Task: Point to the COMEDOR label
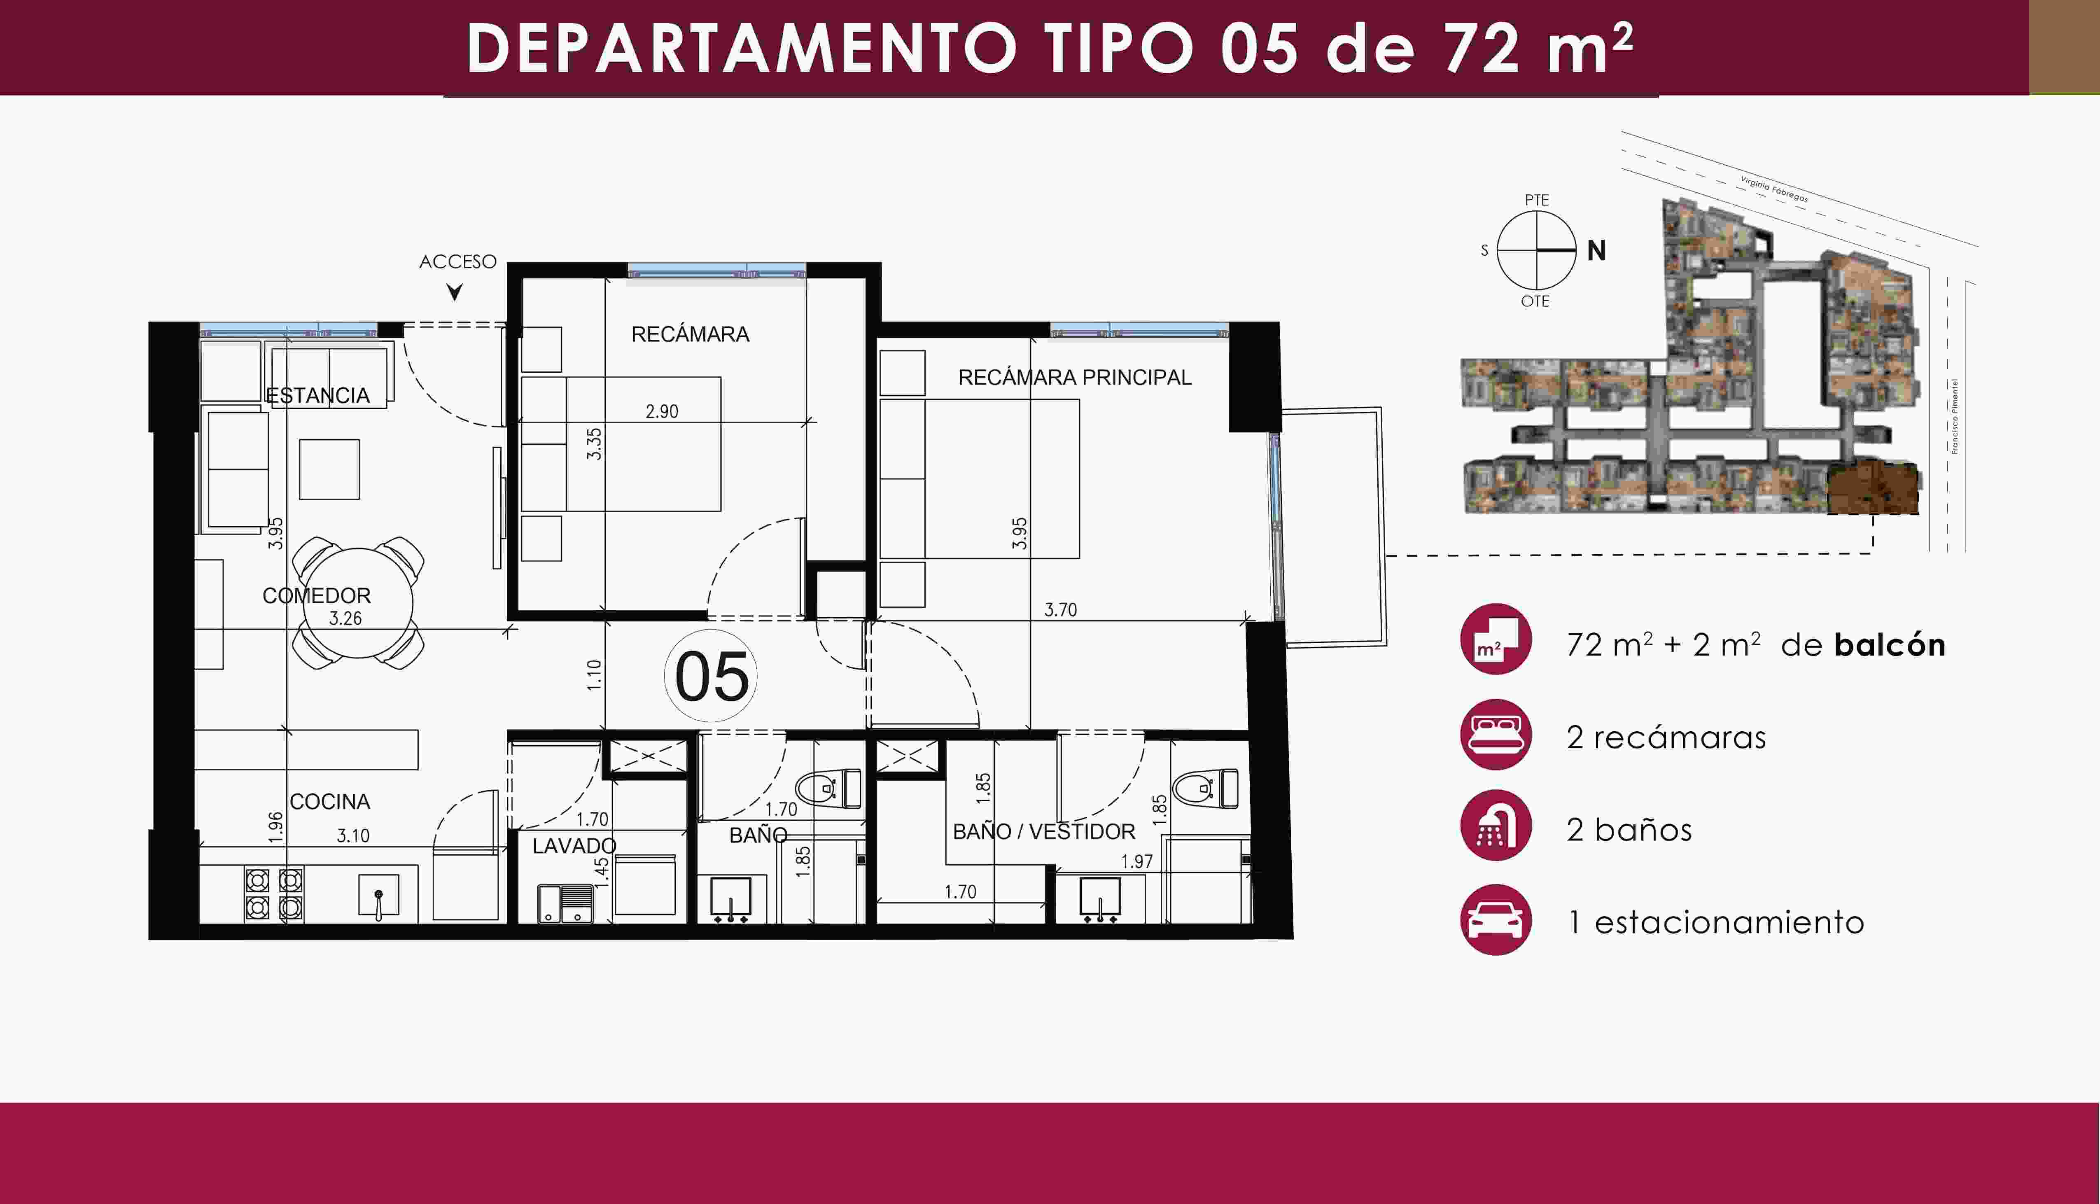point(317,595)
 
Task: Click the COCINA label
point(330,801)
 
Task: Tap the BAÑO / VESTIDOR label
point(1044,831)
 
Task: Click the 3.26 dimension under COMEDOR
point(345,618)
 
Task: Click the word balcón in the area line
point(1889,644)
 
